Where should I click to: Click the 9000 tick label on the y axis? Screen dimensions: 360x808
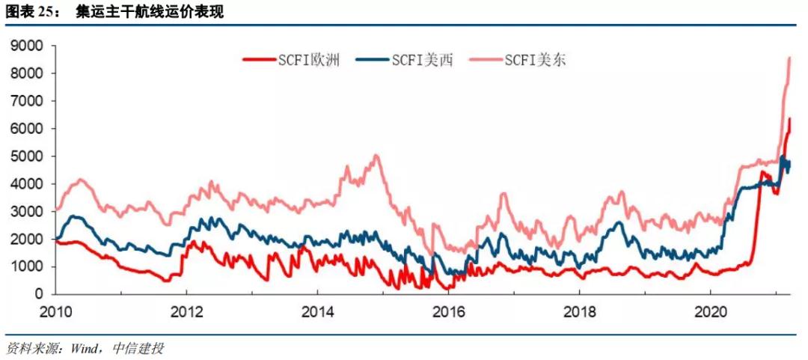pyautogui.click(x=28, y=46)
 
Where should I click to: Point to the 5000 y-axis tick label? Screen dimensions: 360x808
pyautogui.click(x=28, y=156)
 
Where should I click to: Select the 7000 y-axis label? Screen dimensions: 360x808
pyautogui.click(x=28, y=101)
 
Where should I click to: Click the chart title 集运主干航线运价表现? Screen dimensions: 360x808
pyautogui.click(x=149, y=13)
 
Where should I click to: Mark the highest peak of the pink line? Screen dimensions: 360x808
pyautogui.click(x=789, y=58)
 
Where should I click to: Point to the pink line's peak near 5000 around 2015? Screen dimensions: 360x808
pyautogui.click(x=376, y=155)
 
